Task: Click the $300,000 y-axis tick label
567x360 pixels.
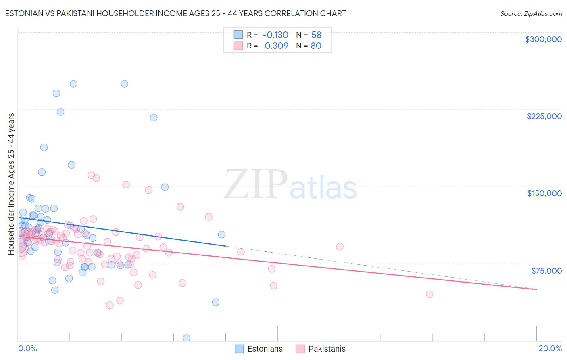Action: click(x=543, y=39)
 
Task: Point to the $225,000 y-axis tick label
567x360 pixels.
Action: click(x=544, y=116)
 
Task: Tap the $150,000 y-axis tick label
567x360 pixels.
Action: click(x=544, y=193)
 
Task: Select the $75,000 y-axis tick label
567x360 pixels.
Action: click(x=546, y=271)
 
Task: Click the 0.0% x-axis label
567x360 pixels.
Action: click(x=27, y=348)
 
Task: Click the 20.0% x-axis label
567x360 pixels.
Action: click(x=550, y=348)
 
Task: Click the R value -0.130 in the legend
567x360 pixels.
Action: click(x=275, y=35)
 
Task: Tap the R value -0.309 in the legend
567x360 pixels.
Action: click(x=274, y=46)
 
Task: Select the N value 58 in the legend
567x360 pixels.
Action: click(x=316, y=35)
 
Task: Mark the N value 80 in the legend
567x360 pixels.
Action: click(x=316, y=46)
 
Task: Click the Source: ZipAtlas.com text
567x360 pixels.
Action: click(x=531, y=14)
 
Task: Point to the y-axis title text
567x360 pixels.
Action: click(x=11, y=184)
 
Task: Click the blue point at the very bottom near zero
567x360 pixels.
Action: click(x=186, y=338)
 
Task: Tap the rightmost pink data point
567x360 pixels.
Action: click(x=429, y=294)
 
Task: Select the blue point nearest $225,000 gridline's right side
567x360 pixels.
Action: click(x=154, y=117)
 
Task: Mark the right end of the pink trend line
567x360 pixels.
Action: click(x=536, y=289)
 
